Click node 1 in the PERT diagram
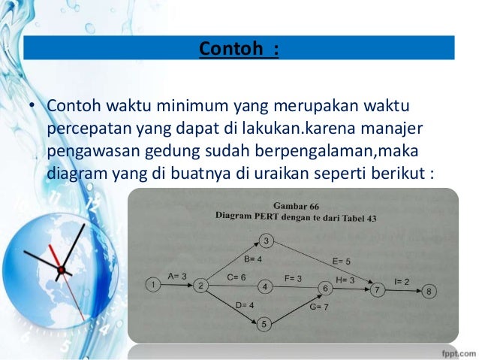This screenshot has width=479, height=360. pos(152,284)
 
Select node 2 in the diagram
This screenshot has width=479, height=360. pos(201,285)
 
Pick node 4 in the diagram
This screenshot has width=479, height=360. pos(264,286)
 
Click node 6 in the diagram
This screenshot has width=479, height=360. pos(325,288)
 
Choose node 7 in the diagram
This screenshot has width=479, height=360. pos(379,289)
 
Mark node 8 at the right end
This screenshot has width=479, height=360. pos(428,290)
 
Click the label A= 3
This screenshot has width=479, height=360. pos(178,276)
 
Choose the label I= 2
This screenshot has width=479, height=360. pos(402,280)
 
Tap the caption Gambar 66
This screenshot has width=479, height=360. pos(291,203)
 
